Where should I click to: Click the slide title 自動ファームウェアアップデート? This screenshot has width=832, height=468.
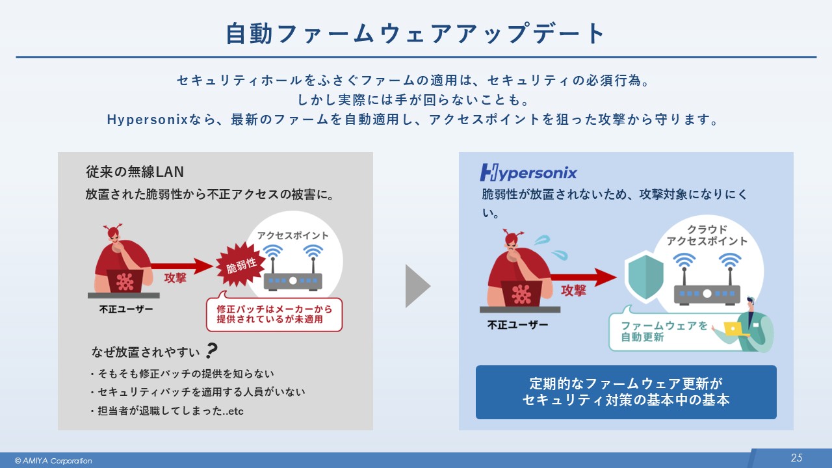coord(415,34)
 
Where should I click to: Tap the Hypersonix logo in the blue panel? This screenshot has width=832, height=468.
coord(528,172)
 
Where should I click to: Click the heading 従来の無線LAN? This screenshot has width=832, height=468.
coord(135,172)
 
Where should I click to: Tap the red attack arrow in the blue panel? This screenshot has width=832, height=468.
coord(578,277)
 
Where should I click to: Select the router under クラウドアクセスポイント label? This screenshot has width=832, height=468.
coord(707,291)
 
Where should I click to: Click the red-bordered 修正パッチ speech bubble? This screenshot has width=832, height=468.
coord(274,315)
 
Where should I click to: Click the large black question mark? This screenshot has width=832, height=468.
coord(211,352)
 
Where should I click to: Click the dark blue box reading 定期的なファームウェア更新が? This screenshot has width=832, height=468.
coord(625,391)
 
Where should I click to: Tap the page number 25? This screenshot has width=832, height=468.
coord(796,458)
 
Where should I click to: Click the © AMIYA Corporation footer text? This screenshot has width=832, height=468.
coord(53,461)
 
